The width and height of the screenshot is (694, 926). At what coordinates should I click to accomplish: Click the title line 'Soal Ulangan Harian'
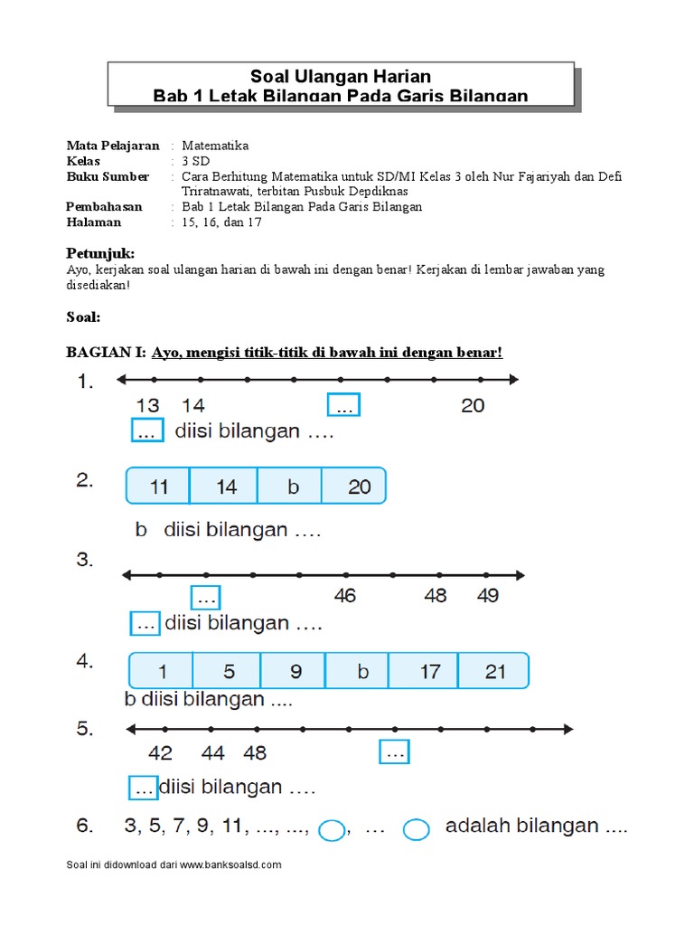[341, 76]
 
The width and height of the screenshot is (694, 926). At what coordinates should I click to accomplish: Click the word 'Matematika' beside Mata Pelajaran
[215, 146]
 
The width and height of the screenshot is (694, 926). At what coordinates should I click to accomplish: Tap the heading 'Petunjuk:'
[100, 253]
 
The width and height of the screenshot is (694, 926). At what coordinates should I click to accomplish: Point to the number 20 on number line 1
[473, 406]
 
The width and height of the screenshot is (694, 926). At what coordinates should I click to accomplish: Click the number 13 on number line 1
[147, 406]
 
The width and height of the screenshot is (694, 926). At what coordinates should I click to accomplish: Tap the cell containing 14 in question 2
[226, 487]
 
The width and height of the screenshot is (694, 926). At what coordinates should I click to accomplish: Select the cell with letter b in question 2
[293, 487]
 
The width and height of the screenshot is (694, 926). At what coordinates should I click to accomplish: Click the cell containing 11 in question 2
[159, 487]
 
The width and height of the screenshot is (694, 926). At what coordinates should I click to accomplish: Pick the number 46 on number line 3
[344, 596]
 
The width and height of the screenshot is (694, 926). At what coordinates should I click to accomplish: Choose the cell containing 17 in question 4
[429, 672]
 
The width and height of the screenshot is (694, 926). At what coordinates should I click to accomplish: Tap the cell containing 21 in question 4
[495, 672]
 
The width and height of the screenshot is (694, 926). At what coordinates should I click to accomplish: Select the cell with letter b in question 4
[362, 672]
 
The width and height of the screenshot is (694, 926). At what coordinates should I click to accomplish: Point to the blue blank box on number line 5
[395, 751]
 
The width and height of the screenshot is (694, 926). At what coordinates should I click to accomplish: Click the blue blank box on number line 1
[344, 406]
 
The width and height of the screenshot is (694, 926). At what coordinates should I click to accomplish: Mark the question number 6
[84, 826]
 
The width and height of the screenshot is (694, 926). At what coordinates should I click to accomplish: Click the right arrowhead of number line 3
[520, 574]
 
